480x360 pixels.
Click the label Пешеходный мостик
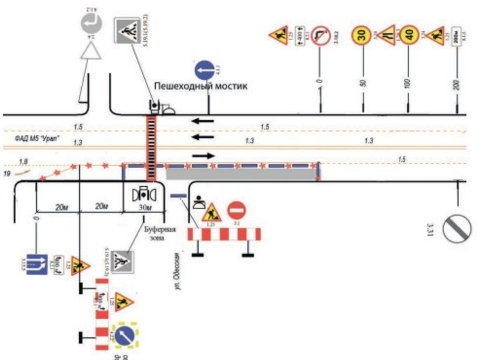click(200, 86)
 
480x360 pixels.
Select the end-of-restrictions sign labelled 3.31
click(462, 225)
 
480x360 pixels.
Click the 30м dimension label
click(145, 207)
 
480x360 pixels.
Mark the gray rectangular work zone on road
click(241, 173)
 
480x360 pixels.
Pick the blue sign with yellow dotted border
click(126, 333)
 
